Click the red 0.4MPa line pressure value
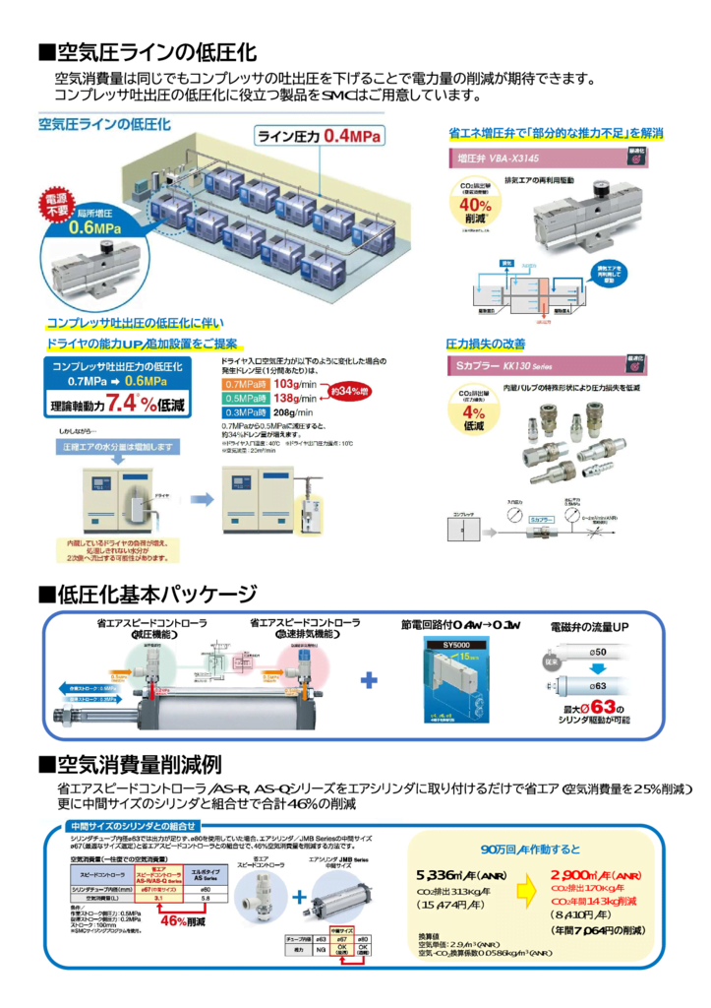(355, 135)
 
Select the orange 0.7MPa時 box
(246, 384)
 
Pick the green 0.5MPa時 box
(246, 399)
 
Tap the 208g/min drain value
(293, 413)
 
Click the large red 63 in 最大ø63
(604, 708)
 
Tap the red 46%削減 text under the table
(182, 922)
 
